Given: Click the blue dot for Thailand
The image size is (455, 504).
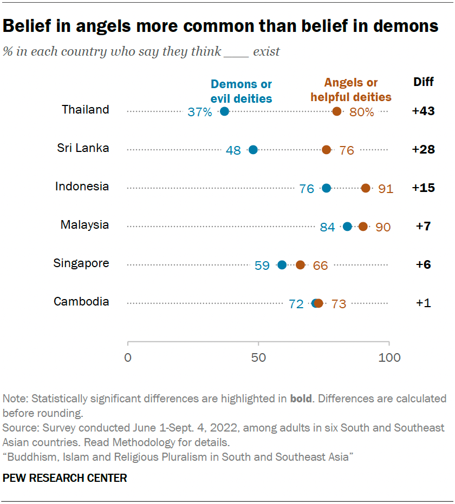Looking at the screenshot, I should pos(224,111).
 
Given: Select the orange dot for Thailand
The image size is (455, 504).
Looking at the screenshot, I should pos(337,111).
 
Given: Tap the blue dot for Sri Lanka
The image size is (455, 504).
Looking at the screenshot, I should pos(253,150).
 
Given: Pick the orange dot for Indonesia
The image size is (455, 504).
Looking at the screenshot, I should pos(366,188).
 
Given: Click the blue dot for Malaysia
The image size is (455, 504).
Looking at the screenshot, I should pos(347,227).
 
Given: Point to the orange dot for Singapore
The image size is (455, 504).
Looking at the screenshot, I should pos(301,265).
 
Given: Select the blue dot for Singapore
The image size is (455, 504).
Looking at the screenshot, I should pos(282,265).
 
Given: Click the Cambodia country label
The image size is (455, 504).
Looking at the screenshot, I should pos(81,302).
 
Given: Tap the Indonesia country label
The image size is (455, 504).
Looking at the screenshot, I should pos(82,187).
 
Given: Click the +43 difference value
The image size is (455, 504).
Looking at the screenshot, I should pos(423,111).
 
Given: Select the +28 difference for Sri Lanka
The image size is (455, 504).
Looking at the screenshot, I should pos(423,150).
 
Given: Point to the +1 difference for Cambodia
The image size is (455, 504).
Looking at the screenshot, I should pos(423,303).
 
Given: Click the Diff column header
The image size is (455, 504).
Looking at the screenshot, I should pos(423,82).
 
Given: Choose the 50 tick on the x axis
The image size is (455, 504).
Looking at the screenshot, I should pos(258,357).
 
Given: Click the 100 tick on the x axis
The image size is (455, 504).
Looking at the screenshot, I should pos(389,357).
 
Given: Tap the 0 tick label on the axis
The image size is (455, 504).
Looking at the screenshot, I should pos(128,357).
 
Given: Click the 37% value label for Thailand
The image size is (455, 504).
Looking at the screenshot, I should pos(200,112).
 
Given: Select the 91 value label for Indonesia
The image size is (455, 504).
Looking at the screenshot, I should pos(386,189).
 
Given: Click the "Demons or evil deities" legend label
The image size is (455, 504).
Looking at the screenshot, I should pos(241,91).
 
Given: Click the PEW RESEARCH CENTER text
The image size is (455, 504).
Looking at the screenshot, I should pos(65,478).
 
